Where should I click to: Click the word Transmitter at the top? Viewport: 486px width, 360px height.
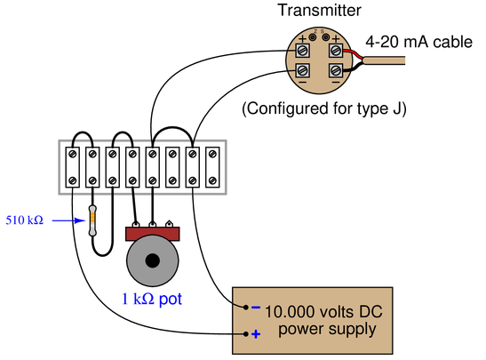pyautogui.click(x=319, y=11)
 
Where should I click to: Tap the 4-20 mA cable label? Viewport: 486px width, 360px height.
pyautogui.click(x=418, y=42)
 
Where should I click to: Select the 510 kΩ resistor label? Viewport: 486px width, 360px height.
pyautogui.click(x=25, y=220)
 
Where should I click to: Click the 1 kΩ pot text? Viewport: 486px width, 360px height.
pyautogui.click(x=152, y=299)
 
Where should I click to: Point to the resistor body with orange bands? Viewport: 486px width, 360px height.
pyautogui.click(x=92, y=220)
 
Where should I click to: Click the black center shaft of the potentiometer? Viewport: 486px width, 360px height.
pyautogui.click(x=152, y=260)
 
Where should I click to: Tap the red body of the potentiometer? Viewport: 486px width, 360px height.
pyautogui.click(x=153, y=234)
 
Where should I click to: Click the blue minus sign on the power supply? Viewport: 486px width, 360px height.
pyautogui.click(x=256, y=308)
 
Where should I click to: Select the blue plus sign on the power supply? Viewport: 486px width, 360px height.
pyautogui.click(x=256, y=334)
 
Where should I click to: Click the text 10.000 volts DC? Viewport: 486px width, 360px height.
pyautogui.click(x=323, y=311)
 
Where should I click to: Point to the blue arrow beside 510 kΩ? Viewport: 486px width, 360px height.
pyautogui.click(x=68, y=220)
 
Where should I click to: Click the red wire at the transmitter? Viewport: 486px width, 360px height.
pyautogui.click(x=353, y=53)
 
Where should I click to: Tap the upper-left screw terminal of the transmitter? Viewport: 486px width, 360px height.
pyautogui.click(x=302, y=51)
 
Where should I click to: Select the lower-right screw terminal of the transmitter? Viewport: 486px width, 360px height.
pyautogui.click(x=336, y=71)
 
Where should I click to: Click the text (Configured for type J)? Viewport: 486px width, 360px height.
pyautogui.click(x=324, y=108)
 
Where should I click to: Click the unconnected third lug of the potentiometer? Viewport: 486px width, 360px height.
pyautogui.click(x=169, y=223)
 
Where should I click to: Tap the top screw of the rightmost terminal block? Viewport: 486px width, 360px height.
pyautogui.click(x=212, y=154)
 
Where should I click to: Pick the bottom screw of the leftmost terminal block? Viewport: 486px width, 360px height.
pyautogui.click(x=73, y=180)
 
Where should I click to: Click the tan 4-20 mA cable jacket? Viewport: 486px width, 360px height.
pyautogui.click(x=384, y=60)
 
